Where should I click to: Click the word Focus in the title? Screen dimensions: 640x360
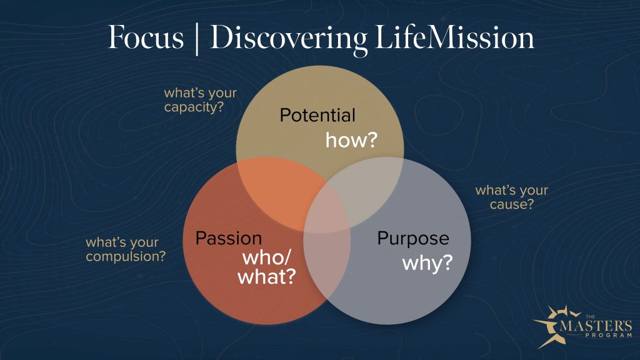click(146, 37)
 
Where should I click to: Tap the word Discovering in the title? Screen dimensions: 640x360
click(288, 39)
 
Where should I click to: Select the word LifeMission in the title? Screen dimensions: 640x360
click(454, 37)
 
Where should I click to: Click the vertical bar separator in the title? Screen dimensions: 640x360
click(197, 39)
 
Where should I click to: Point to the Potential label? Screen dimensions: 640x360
click(317, 115)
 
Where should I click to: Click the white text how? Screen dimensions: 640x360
click(351, 140)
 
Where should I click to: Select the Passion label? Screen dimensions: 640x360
click(229, 238)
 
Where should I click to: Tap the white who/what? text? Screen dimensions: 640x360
click(267, 267)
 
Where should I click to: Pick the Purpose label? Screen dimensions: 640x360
click(413, 239)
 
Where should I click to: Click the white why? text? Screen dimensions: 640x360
click(427, 262)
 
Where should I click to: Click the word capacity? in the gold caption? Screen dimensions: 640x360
click(194, 107)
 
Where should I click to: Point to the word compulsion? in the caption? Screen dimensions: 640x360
click(126, 257)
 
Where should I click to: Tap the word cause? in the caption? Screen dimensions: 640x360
click(512, 204)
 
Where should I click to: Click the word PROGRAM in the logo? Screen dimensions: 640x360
click(608, 336)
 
